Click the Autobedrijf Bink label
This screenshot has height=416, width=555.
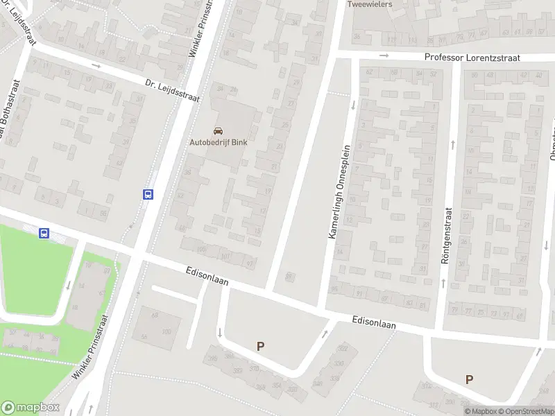coord(219,143)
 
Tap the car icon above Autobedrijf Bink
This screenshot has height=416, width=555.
coord(219,131)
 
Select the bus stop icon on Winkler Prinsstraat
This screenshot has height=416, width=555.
coord(148,195)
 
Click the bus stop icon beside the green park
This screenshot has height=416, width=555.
coord(44,234)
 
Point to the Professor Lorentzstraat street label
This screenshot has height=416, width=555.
coord(472,59)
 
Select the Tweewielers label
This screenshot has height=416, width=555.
coord(370,4)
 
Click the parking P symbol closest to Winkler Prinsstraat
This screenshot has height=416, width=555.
coord(261,346)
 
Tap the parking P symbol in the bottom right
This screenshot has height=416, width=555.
coord(470,379)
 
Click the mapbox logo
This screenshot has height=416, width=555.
coord(30,408)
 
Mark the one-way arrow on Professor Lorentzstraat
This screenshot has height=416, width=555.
coord(384,56)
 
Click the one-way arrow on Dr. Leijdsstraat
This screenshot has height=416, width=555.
coord(96,66)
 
